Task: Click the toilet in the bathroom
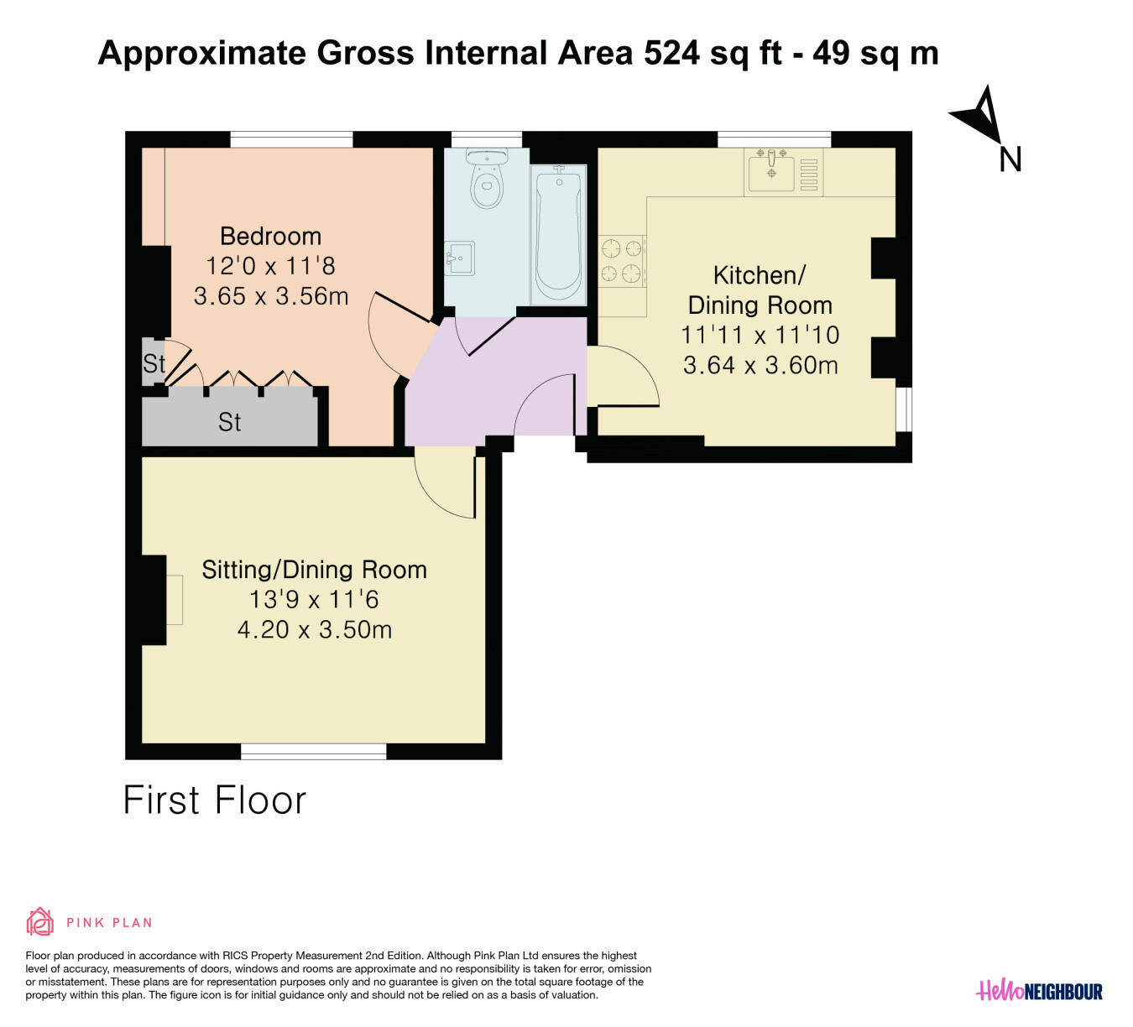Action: click(x=486, y=178)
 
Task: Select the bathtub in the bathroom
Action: click(x=559, y=235)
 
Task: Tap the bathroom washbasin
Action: click(x=459, y=258)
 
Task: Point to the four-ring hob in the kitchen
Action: click(x=622, y=260)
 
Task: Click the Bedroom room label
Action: click(x=270, y=236)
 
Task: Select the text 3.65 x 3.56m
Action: click(x=271, y=296)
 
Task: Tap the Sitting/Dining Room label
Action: click(x=315, y=570)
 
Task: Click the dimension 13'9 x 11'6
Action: click(x=314, y=599)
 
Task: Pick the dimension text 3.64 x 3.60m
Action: click(x=760, y=365)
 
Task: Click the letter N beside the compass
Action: click(x=1010, y=160)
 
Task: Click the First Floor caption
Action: click(x=215, y=800)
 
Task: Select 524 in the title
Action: click(x=671, y=53)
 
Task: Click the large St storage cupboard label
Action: click(x=229, y=422)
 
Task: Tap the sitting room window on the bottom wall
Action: click(x=314, y=751)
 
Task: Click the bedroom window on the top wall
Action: click(x=291, y=139)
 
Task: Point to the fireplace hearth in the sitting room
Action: click(x=175, y=600)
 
